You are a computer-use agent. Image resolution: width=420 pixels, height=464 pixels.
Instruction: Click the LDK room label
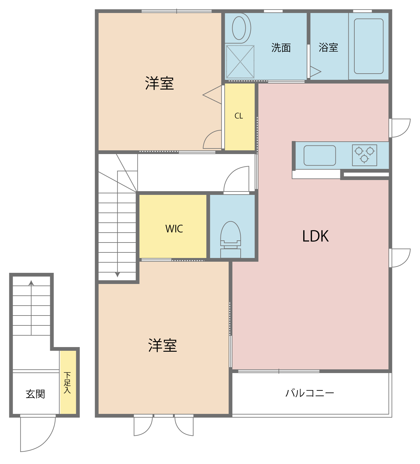coord(315,236)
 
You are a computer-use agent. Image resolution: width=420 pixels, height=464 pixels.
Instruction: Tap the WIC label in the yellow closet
coord(174,229)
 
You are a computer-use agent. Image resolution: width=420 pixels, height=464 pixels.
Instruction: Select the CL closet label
coord(239,116)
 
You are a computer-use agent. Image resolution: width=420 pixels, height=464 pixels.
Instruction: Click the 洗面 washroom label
coord(281,48)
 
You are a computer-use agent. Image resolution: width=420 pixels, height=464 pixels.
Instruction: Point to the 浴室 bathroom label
coord(328,47)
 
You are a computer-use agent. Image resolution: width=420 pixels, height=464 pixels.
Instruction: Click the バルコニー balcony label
coord(310,393)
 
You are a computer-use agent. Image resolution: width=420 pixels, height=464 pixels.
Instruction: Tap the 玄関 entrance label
coord(35,394)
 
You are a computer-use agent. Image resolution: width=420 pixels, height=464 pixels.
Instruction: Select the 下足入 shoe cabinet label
coord(67,383)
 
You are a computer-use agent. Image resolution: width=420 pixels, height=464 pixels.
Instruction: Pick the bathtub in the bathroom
coord(369,46)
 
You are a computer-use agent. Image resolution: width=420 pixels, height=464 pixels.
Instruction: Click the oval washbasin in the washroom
coord(239,28)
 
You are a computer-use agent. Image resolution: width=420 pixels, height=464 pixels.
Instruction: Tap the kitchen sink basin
coord(320,156)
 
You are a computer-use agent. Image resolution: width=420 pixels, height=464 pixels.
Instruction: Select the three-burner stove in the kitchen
coord(365,155)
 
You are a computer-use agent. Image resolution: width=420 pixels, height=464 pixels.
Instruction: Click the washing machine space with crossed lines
coord(240,62)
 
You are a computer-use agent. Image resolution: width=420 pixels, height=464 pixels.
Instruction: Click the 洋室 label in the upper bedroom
coord(160,84)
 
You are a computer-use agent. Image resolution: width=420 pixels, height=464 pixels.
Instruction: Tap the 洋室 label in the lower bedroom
coord(163,346)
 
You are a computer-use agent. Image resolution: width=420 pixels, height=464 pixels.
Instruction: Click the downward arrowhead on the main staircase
coord(117,275)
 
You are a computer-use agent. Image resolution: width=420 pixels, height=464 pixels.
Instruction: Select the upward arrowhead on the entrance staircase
coord(31,283)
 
